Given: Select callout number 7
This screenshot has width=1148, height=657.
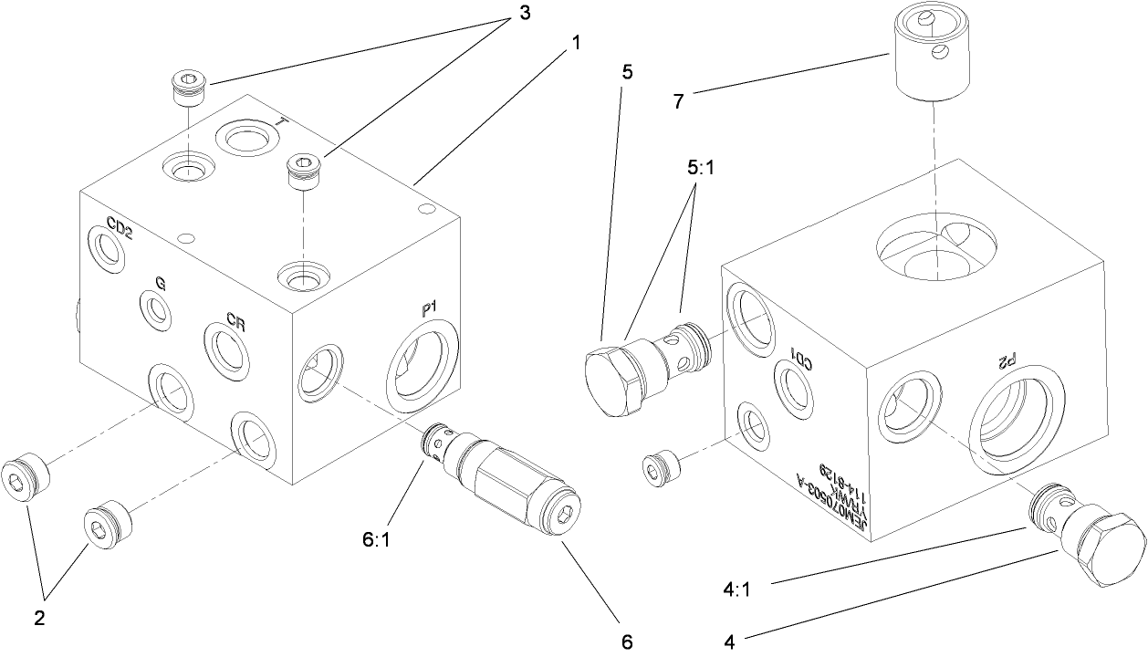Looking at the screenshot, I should [679, 101].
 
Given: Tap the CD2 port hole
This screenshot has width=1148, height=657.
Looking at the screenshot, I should [108, 250].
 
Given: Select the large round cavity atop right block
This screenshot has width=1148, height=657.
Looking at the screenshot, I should [935, 246].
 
